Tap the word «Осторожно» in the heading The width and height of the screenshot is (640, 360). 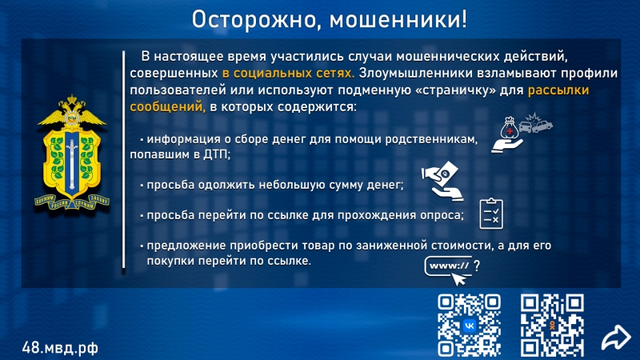tap(253, 20)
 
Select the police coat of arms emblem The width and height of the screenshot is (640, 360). tap(72, 153)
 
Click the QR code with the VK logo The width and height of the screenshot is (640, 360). tap(469, 325)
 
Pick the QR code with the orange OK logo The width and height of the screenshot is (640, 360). tap(552, 325)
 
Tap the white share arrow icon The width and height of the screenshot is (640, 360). tap(616, 337)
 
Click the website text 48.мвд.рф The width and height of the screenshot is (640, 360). tap(60, 348)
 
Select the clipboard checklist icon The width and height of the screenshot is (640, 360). tap(491, 214)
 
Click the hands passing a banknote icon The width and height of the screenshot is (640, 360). tap(442, 181)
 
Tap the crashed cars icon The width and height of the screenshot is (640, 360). tap(535, 123)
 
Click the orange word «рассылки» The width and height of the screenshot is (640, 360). tap(558, 90)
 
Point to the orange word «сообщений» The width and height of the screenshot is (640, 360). tap(167, 107)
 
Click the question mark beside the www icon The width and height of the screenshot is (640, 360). tap(477, 266)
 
